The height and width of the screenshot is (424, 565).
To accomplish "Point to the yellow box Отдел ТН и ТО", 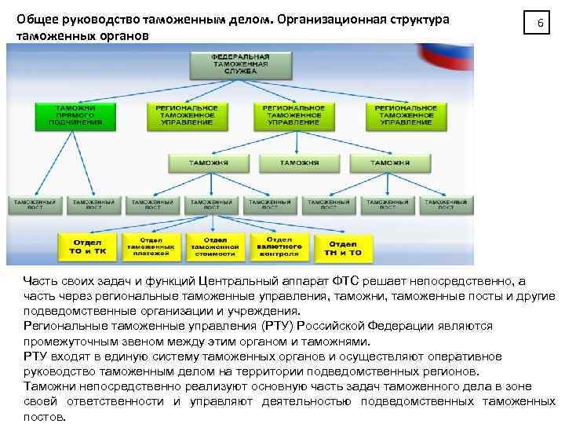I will [x=344, y=247].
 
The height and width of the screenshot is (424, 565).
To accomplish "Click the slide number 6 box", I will [x=539, y=24].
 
